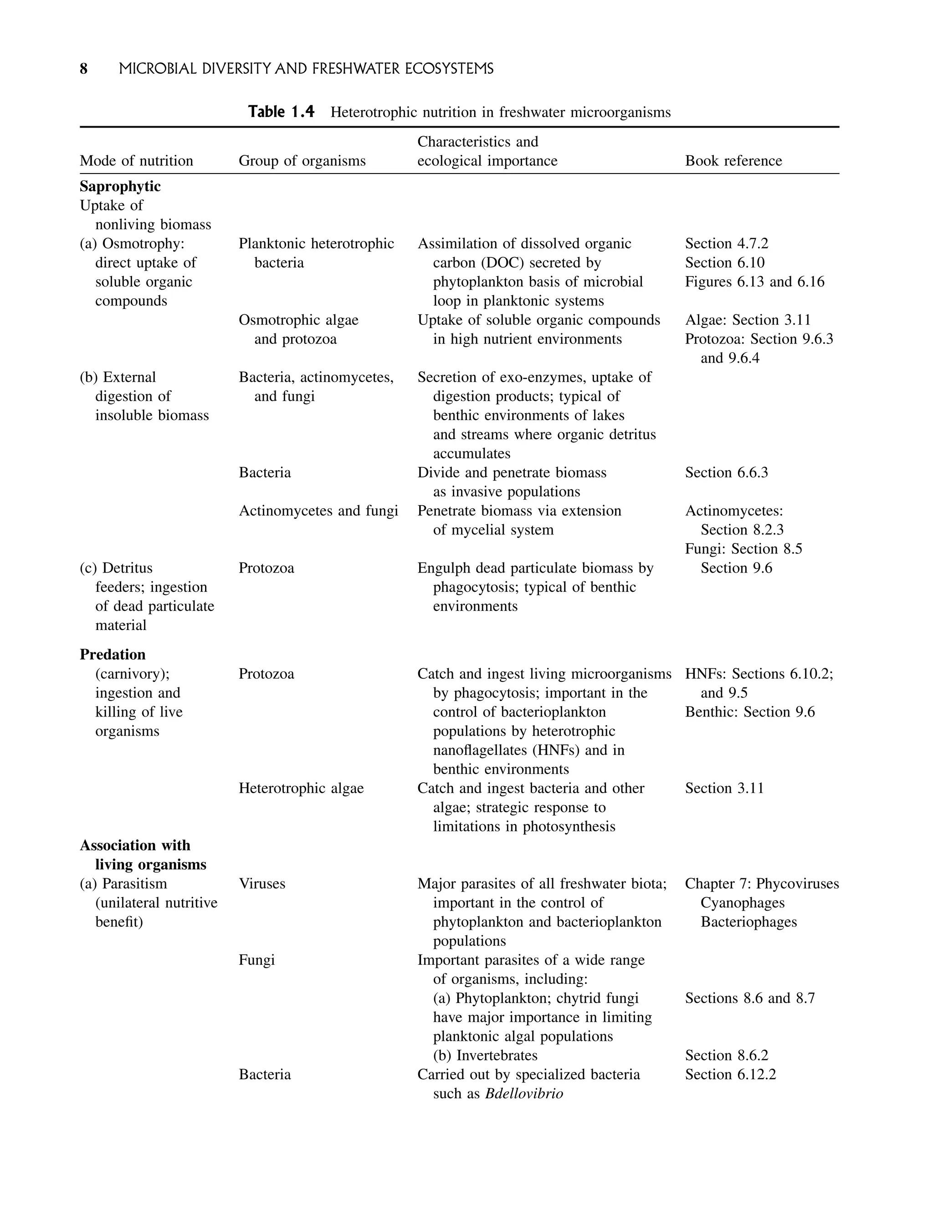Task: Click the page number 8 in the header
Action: click(83, 69)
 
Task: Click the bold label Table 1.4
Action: click(281, 112)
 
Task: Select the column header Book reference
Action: click(733, 161)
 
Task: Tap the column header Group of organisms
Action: click(302, 161)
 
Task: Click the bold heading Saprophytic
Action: click(120, 187)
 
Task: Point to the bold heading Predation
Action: click(112, 655)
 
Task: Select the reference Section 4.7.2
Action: click(727, 244)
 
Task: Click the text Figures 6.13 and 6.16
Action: click(754, 282)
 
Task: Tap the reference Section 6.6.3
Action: click(727, 472)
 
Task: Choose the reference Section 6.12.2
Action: click(730, 1074)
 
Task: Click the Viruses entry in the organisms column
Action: click(261, 884)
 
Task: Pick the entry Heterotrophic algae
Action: click(301, 788)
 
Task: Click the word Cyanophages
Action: click(742, 902)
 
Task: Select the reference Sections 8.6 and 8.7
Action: click(750, 998)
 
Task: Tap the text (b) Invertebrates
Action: click(485, 1055)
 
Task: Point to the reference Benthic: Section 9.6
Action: click(750, 712)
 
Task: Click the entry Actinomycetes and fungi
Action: click(318, 511)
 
